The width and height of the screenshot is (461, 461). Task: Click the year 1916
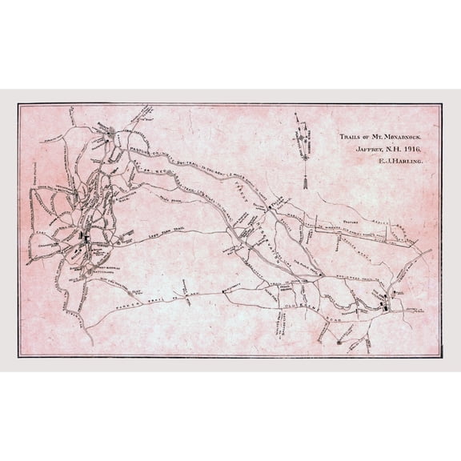pos(413,148)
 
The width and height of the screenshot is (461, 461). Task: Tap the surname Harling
pos(407,161)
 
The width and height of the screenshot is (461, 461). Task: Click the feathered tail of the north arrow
pos(304,184)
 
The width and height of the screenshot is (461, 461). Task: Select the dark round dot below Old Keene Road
pos(339,343)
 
